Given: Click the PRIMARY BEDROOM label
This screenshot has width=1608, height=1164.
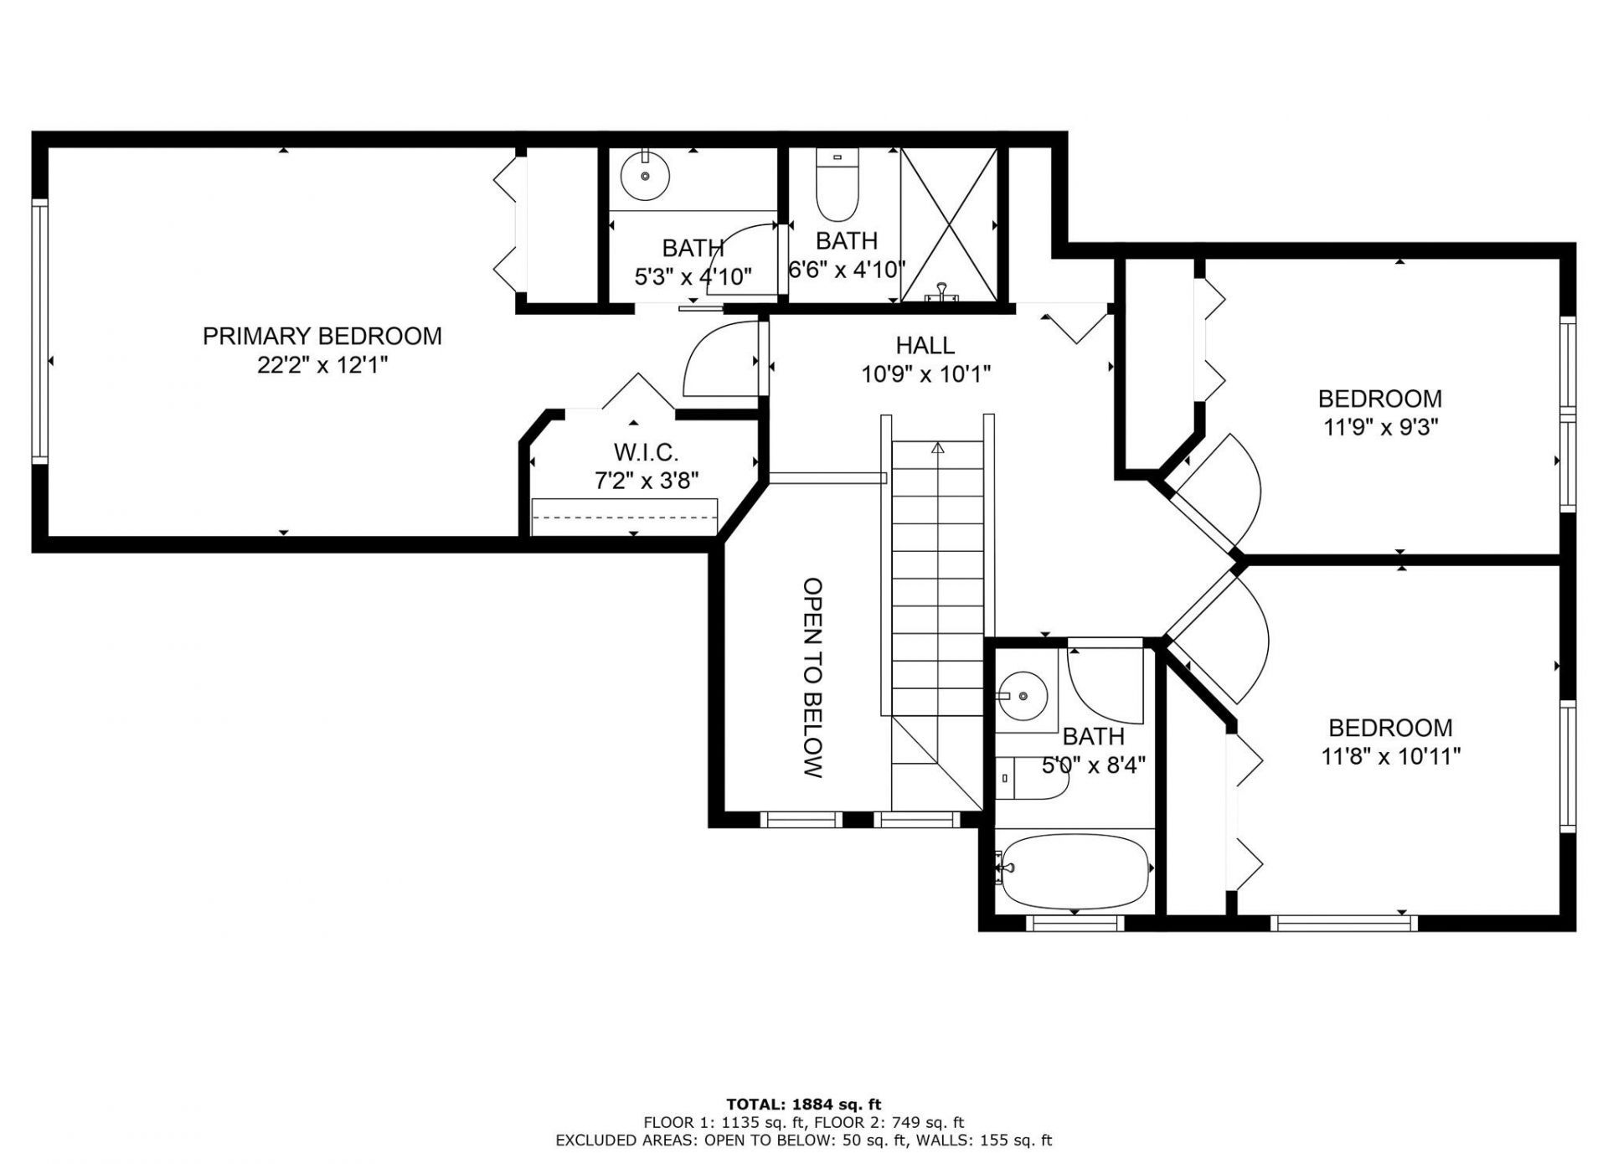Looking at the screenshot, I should [x=322, y=336].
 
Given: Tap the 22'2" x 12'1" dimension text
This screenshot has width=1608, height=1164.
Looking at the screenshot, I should [x=322, y=365].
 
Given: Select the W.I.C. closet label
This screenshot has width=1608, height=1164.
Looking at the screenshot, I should [x=646, y=452].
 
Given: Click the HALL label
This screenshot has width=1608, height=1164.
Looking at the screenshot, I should [x=925, y=345].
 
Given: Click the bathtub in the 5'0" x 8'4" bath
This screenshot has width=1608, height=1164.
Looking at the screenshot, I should [x=1075, y=871].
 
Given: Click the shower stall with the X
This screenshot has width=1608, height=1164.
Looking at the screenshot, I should [x=949, y=224].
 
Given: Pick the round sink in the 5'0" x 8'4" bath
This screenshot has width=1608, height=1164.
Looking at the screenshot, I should [x=1022, y=695].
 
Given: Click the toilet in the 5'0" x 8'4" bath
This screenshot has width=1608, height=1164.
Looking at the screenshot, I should [x=1031, y=778].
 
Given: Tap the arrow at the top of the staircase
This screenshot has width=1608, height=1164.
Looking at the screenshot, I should [x=937, y=448].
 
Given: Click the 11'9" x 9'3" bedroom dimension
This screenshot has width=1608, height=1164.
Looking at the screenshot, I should [x=1380, y=428].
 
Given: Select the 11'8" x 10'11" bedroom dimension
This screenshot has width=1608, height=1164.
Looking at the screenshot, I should [x=1390, y=757].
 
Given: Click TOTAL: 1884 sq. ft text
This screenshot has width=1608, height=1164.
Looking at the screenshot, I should [x=803, y=1105].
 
